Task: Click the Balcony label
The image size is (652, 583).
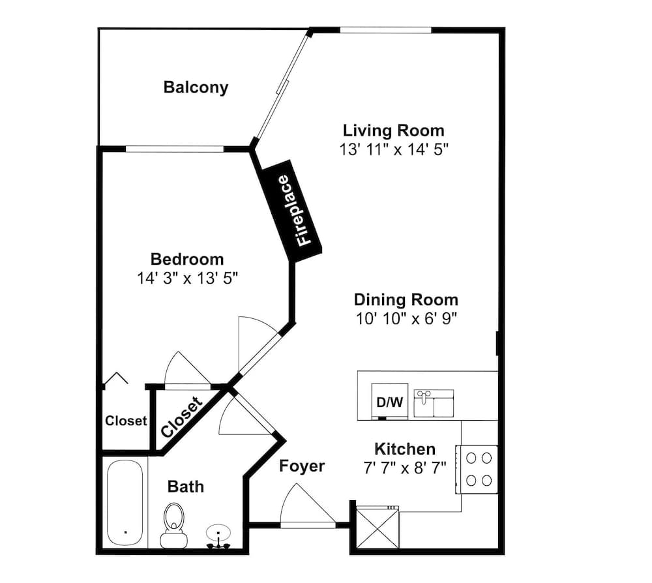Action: pyautogui.click(x=196, y=87)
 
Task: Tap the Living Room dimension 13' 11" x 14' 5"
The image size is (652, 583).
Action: pyautogui.click(x=394, y=149)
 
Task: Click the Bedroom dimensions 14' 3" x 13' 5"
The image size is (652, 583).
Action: pyautogui.click(x=187, y=278)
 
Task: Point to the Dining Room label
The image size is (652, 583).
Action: pyautogui.click(x=406, y=300)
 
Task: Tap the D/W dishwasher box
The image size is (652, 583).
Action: pyautogui.click(x=390, y=402)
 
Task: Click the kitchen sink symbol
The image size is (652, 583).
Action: pyautogui.click(x=434, y=402)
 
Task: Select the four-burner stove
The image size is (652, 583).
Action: pyautogui.click(x=477, y=468)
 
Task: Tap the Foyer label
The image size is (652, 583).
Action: pyautogui.click(x=302, y=466)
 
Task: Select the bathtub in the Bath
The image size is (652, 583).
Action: pyautogui.click(x=125, y=503)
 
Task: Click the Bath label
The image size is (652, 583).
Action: pyautogui.click(x=185, y=486)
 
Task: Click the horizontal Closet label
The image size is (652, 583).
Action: pyautogui.click(x=126, y=421)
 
